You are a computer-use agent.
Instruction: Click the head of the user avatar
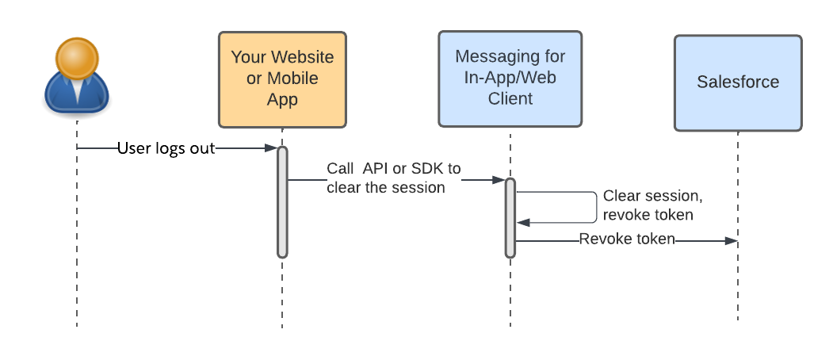coord(76,58)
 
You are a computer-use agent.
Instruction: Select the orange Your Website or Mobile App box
coord(282,79)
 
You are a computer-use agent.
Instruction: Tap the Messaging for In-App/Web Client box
coord(510,79)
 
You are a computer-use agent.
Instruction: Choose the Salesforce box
coord(737,82)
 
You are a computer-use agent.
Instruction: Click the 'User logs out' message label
coord(166,148)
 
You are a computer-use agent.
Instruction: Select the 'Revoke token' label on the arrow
coord(626,239)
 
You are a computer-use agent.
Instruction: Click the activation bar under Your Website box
coord(282,202)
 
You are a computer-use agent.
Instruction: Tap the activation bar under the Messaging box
coord(510,218)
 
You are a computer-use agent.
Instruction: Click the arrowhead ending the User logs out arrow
coord(271,148)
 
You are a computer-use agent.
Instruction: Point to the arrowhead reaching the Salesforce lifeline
coord(731,240)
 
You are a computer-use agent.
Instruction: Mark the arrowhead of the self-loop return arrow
coord(522,224)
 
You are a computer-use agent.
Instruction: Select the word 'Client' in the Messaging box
coord(510,99)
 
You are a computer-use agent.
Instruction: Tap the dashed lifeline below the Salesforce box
coord(738,285)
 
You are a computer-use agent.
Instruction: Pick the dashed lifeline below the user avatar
coord(77,238)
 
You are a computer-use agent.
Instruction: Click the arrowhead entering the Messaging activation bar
coord(499,180)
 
